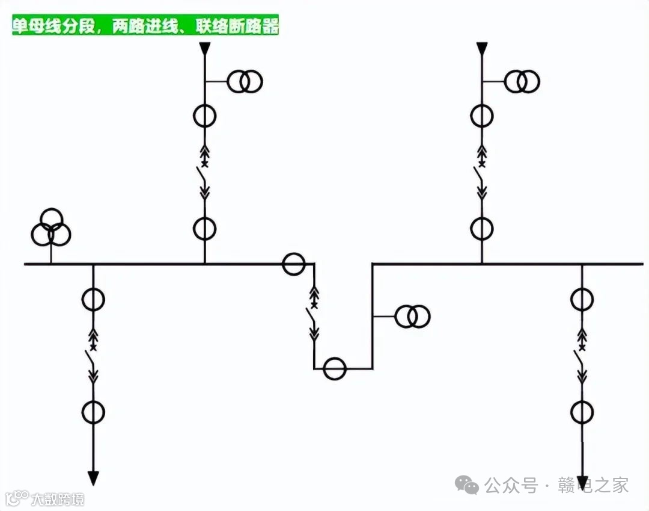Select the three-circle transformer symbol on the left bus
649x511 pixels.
click(51, 229)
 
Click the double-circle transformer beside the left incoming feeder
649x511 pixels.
click(245, 81)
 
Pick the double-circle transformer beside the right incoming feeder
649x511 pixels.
click(522, 81)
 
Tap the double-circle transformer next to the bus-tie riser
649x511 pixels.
click(412, 316)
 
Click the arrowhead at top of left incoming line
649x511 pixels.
click(204, 49)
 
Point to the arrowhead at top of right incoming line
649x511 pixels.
click(481, 49)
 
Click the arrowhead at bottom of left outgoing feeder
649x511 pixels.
click(93, 478)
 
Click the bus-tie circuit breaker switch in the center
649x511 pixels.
click(313, 315)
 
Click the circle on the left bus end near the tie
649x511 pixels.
click(294, 264)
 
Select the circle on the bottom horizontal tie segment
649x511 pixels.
click(335, 369)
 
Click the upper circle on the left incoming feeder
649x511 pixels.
click(204, 116)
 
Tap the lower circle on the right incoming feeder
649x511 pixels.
click(481, 228)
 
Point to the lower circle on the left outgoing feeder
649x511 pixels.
click(93, 412)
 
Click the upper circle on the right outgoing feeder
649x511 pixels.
click(582, 299)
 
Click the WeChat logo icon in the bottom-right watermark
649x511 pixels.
click(467, 483)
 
